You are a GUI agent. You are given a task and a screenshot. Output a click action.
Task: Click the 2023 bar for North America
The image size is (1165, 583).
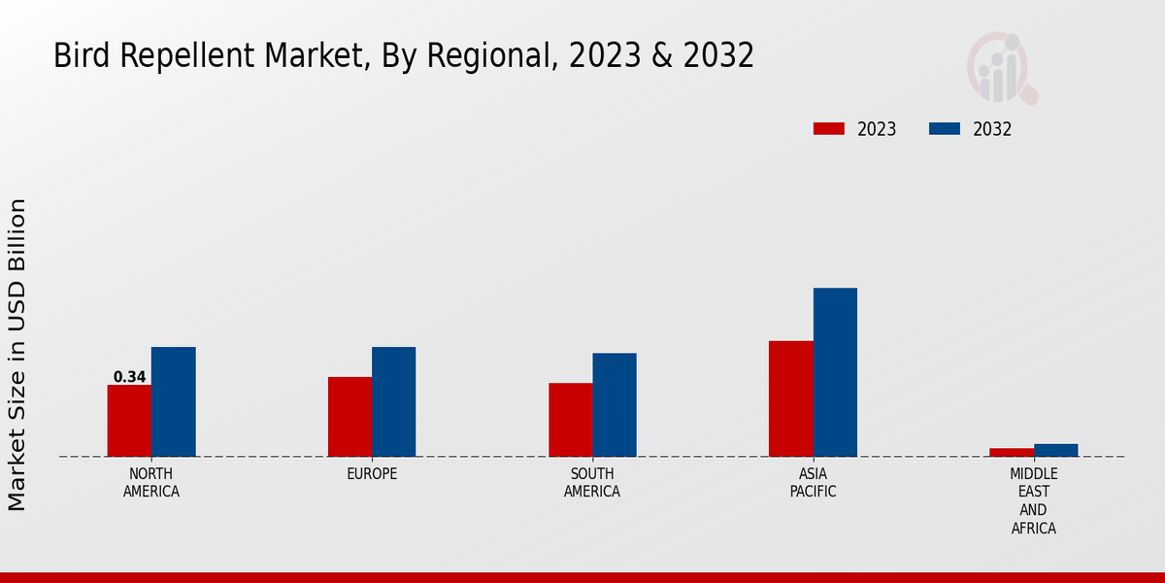click(x=129, y=421)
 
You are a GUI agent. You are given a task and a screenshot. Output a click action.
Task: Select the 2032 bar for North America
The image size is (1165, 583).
click(x=173, y=401)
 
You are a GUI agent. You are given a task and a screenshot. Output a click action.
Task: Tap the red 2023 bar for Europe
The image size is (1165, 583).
click(x=349, y=417)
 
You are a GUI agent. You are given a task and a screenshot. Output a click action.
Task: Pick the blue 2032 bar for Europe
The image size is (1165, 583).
click(x=393, y=401)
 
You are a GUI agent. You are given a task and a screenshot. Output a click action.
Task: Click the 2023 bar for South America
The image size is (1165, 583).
click(x=570, y=420)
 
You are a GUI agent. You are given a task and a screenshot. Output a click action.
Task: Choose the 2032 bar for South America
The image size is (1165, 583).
click(x=615, y=404)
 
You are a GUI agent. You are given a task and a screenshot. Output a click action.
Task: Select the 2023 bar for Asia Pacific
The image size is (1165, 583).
click(x=790, y=398)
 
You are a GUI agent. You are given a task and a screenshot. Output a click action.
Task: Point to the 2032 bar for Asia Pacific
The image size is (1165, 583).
click(x=835, y=372)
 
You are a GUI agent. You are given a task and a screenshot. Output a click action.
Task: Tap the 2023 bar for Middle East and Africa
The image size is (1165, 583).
click(x=1012, y=452)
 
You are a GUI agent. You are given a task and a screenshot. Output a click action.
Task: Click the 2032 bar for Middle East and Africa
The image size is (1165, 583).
click(x=1055, y=450)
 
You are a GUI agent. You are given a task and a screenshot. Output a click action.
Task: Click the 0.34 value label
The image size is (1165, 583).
click(x=129, y=377)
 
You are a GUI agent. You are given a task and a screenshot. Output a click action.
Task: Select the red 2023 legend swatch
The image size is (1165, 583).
click(x=829, y=129)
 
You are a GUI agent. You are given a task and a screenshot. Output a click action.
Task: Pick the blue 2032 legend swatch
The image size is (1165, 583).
click(x=945, y=129)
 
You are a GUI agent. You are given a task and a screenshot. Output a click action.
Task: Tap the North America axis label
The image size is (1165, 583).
click(x=151, y=483)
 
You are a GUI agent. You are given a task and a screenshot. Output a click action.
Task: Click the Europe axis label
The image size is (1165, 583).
click(x=372, y=474)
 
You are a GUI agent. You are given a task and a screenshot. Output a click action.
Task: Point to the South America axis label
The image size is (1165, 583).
click(x=592, y=483)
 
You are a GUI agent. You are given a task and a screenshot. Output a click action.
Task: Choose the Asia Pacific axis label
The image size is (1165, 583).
click(x=813, y=483)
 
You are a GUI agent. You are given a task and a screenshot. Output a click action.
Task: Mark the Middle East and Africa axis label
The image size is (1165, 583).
click(x=1033, y=501)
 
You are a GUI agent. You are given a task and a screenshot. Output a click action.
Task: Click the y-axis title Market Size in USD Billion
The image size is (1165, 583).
click(x=17, y=355)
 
